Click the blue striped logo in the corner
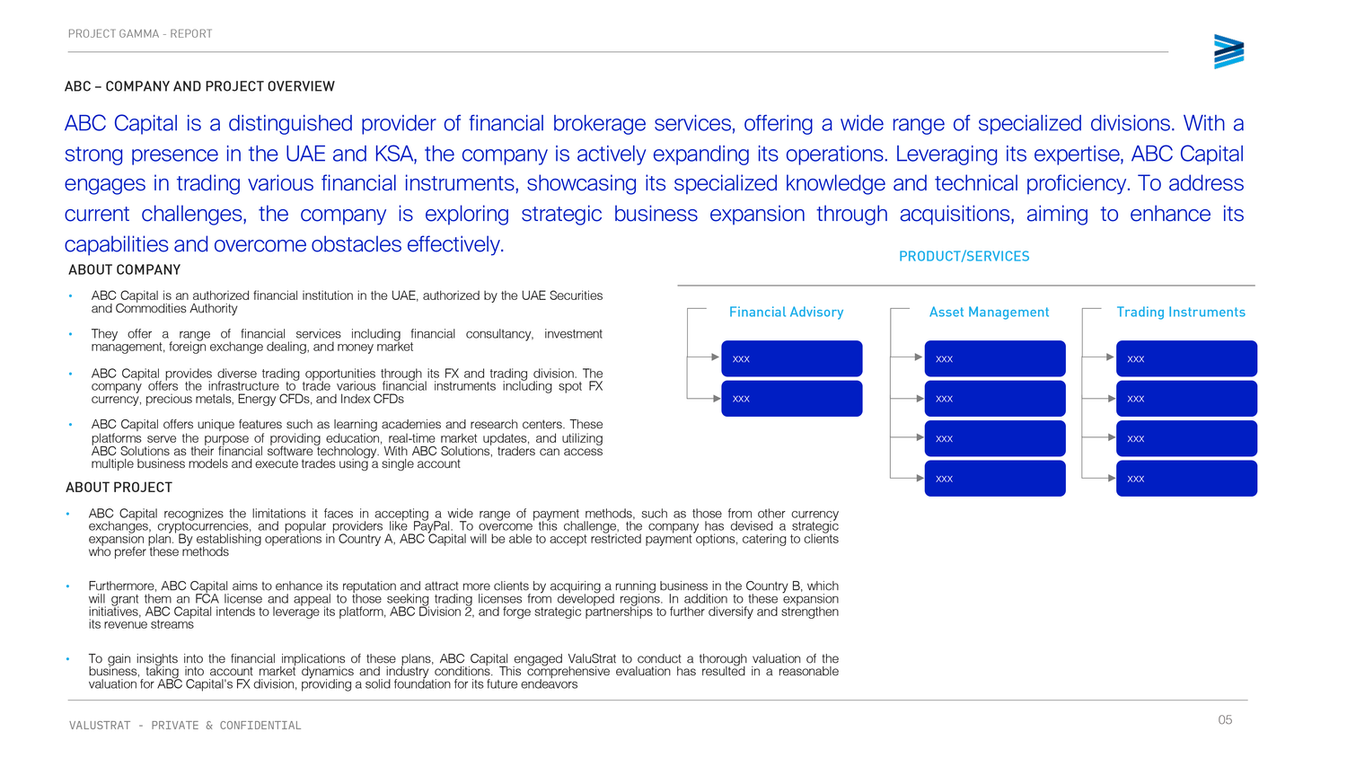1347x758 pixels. pyautogui.click(x=1228, y=52)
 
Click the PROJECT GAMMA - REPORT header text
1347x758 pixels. pyautogui.click(x=140, y=34)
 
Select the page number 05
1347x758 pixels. pyautogui.click(x=1225, y=719)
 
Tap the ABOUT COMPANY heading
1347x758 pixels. pyautogui.click(x=125, y=269)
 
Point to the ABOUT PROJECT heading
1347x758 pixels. pyautogui.click(x=119, y=487)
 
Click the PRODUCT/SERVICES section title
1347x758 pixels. pyautogui.click(x=964, y=256)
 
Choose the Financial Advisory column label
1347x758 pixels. pyautogui.click(x=786, y=312)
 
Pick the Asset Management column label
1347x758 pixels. pyautogui.click(x=989, y=312)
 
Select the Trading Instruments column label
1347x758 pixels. pyautogui.click(x=1180, y=312)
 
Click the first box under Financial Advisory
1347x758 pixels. pyautogui.click(x=791, y=358)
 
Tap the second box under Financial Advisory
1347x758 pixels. pyautogui.click(x=791, y=398)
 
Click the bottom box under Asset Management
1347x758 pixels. pyautogui.click(x=994, y=478)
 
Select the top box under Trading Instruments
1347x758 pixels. pyautogui.click(x=1185, y=358)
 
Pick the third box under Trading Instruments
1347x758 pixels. pyautogui.click(x=1185, y=438)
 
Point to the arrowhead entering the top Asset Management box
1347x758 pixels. pyautogui.click(x=919, y=357)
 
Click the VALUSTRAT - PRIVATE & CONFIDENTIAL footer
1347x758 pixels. pyautogui.click(x=185, y=726)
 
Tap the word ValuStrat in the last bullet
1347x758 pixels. pyautogui.click(x=592, y=658)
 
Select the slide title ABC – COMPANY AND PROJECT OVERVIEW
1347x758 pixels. pyautogui.click(x=199, y=86)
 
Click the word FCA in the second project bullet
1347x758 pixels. pyautogui.click(x=207, y=599)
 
